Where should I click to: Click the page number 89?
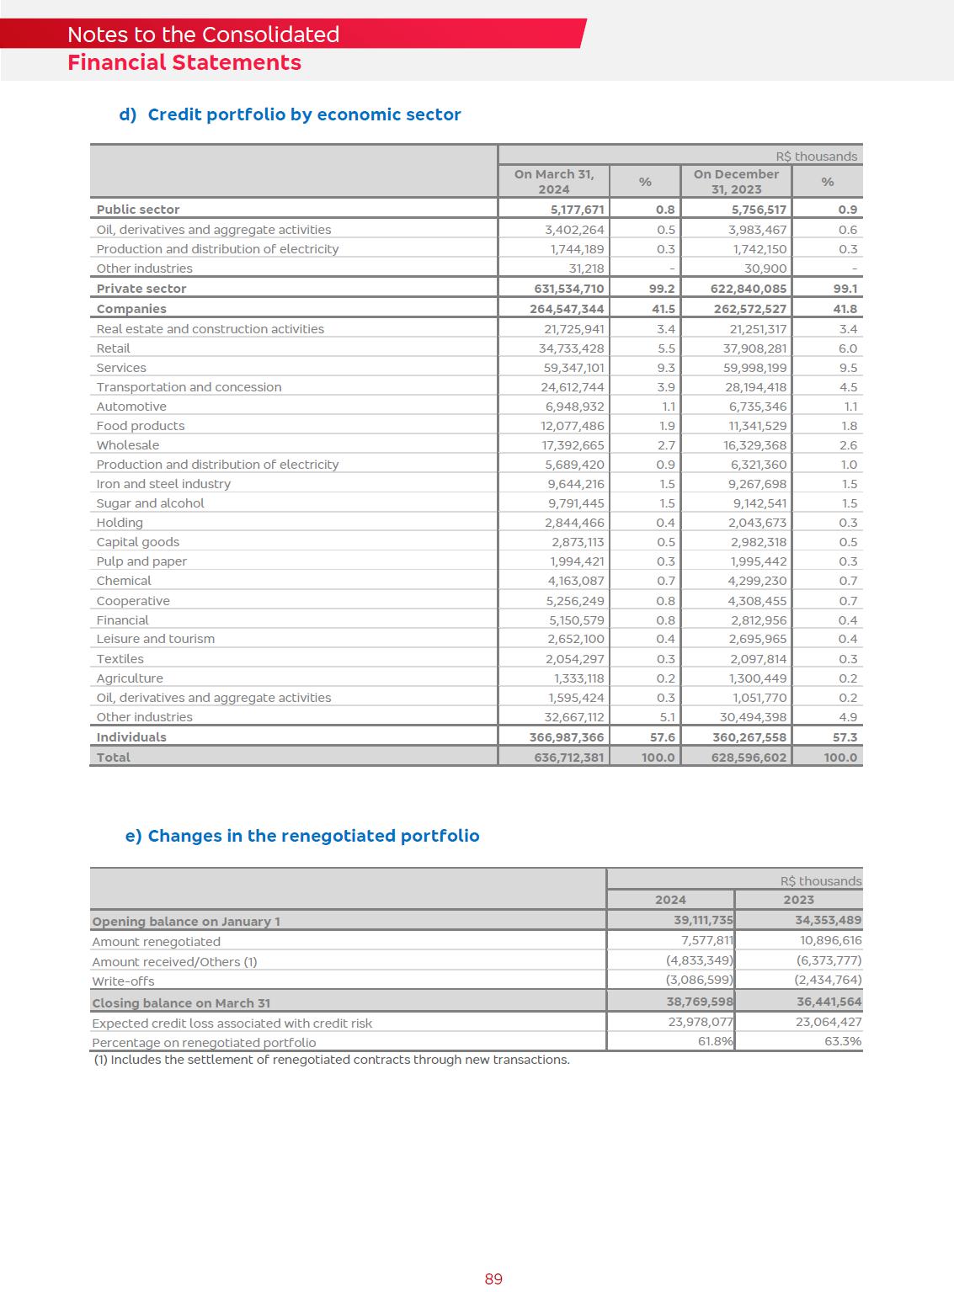[x=493, y=1279]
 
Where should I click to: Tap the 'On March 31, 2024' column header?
[x=554, y=181]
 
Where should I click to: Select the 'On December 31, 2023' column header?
[x=736, y=181]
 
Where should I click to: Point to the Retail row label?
[x=114, y=348]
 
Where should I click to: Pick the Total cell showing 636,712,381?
[x=569, y=758]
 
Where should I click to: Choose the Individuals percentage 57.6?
[x=663, y=737]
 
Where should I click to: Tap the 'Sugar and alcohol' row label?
[x=150, y=503]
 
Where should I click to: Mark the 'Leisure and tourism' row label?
[x=156, y=639]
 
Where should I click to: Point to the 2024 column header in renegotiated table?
[x=670, y=900]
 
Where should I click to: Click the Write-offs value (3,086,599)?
[x=700, y=981]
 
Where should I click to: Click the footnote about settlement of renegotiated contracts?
[x=332, y=1060]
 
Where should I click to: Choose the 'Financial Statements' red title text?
[x=184, y=63]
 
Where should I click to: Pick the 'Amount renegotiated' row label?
[x=156, y=942]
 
